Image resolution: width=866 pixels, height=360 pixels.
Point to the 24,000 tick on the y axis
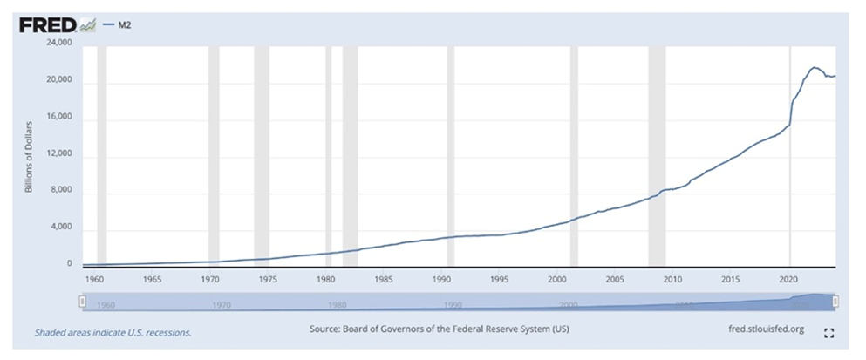click(x=59, y=44)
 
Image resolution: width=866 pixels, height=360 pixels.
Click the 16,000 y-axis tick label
click(x=59, y=117)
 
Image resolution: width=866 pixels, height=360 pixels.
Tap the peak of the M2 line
click(x=815, y=67)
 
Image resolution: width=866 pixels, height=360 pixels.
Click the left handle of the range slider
click(x=82, y=301)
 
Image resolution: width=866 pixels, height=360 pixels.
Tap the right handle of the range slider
click(x=835, y=301)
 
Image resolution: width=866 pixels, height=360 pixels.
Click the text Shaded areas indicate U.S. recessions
click(x=113, y=332)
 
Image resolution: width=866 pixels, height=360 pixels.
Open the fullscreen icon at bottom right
click(x=829, y=332)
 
